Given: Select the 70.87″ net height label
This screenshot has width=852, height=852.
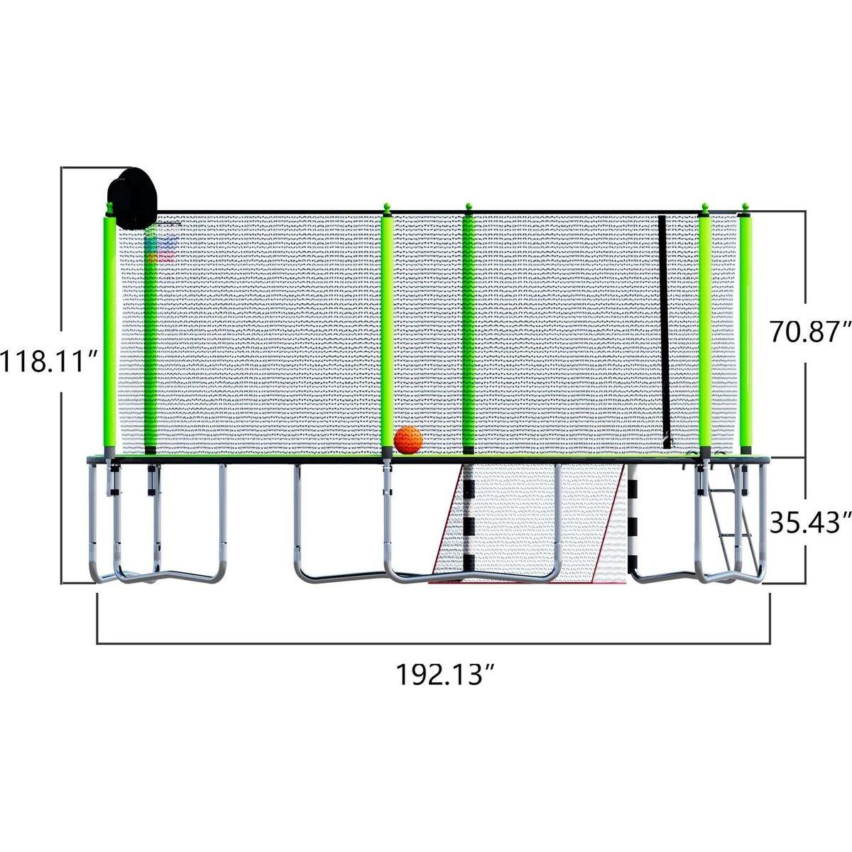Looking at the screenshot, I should (x=810, y=331).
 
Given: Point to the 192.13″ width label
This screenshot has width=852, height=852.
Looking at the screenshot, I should (x=444, y=673).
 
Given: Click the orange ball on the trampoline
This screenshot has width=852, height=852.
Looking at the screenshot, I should (x=408, y=440).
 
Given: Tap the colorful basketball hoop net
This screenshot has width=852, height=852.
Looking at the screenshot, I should (x=159, y=248).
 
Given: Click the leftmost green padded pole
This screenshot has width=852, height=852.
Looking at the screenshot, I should (x=109, y=334).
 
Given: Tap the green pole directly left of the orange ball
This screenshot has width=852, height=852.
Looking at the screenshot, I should (x=387, y=334).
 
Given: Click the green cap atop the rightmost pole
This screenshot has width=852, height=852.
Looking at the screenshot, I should (x=745, y=208).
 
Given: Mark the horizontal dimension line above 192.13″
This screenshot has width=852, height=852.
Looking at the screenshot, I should (x=433, y=643).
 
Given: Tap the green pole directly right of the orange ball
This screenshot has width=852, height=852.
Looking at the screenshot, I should (x=469, y=334).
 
